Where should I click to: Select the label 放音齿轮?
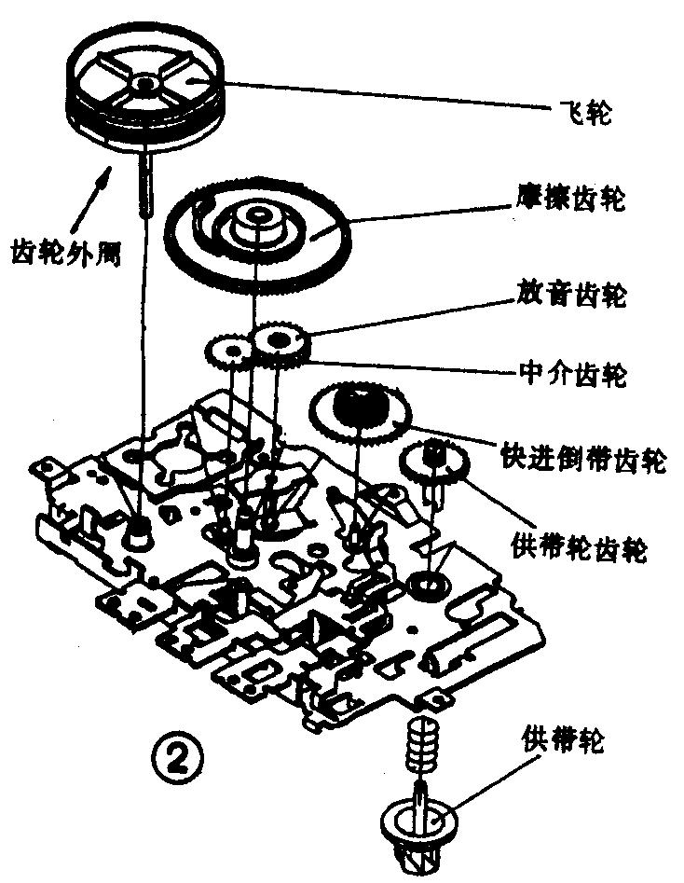click(x=572, y=297)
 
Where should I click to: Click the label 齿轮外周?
click(x=65, y=250)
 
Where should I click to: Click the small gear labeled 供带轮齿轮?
click(x=432, y=460)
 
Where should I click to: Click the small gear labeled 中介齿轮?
click(x=228, y=352)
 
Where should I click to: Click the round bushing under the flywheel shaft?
click(x=141, y=535)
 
